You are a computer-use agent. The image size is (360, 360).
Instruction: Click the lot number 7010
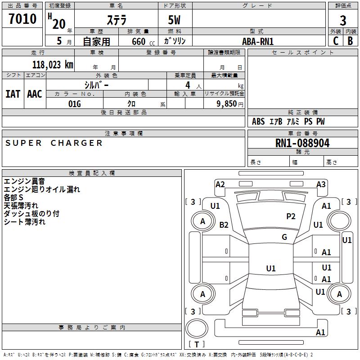pos(22,19)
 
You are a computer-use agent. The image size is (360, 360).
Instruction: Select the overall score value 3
pos(343,20)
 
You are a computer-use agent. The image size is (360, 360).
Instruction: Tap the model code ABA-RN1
pos(258,41)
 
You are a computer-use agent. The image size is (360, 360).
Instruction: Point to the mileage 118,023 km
pos(53,64)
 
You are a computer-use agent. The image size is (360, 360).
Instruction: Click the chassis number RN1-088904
pos(302,143)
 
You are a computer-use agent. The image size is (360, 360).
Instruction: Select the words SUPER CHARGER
pos(54,143)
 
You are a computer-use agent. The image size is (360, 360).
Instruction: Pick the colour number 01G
pos(74,104)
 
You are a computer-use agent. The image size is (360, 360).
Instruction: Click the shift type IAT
pos(13,94)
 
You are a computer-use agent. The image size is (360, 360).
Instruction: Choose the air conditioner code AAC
pos(35,94)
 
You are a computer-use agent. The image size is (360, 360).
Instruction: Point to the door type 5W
pos(175,21)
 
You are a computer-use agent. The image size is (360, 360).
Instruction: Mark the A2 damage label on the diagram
pos(220,184)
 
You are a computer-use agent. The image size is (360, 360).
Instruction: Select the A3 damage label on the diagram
pos(321,184)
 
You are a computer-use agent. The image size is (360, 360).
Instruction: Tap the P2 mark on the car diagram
pos(291,216)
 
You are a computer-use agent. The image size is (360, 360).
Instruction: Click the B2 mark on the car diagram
pos(224,225)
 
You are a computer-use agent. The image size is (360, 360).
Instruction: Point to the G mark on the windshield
pos(284,237)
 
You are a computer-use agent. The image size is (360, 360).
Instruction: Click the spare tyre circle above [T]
pos(197,329)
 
